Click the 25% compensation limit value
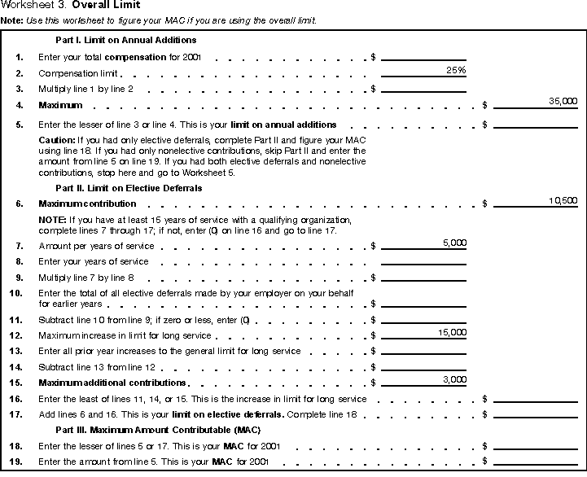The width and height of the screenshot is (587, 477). [456, 71]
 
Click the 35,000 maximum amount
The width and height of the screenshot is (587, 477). [563, 101]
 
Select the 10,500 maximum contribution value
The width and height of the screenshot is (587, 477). [563, 199]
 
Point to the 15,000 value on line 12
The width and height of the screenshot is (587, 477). [453, 333]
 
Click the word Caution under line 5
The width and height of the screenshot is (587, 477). [56, 140]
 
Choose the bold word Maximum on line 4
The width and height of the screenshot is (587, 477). [60, 105]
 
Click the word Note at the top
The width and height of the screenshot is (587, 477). [11, 19]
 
